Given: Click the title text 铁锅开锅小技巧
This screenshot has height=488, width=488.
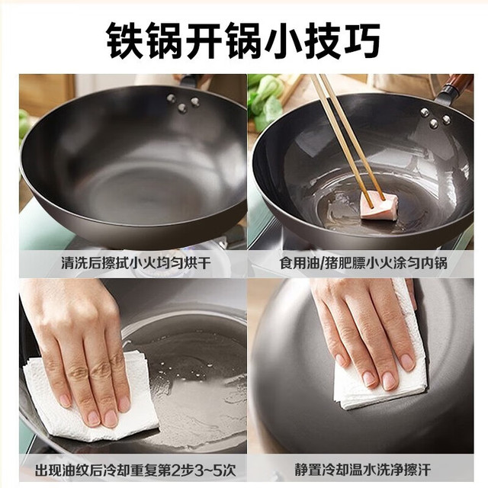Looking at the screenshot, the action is tap(243, 40).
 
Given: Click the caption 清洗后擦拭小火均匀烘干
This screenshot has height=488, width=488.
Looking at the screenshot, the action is tap(136, 263).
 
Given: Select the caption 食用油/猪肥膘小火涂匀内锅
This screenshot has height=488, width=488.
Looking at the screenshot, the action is tap(363, 263).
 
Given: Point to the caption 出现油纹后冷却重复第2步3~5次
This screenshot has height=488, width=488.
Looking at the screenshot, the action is tap(135, 470).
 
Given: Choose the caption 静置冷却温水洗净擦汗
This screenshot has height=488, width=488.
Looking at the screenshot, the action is tap(363, 470).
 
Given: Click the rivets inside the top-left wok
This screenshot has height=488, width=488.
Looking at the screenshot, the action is tap(183, 102).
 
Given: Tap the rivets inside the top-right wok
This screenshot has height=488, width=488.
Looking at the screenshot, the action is tap(435, 118).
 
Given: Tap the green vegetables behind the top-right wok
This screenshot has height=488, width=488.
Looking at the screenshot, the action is tap(266, 100).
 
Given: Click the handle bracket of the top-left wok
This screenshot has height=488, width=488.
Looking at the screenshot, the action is tap(189, 80).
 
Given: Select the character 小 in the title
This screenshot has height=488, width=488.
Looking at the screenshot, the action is tap(283, 40).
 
